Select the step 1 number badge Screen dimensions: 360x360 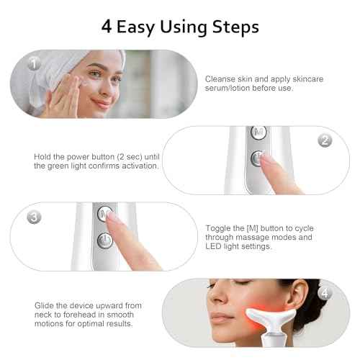click(x=34, y=63)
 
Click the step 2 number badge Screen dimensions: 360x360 click(x=325, y=140)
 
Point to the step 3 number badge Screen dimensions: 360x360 click(x=34, y=217)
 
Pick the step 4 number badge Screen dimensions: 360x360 click(x=325, y=293)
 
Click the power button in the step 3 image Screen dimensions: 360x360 click(x=106, y=242)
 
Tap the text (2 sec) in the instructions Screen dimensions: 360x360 click(x=131, y=156)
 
